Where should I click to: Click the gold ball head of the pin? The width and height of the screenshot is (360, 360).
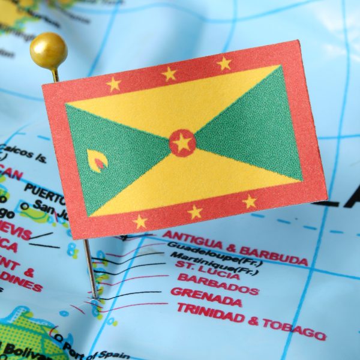pos(48,50)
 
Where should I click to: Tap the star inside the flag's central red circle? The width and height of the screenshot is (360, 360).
pos(182,143)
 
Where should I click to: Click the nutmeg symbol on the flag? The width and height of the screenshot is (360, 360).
pos(97,160)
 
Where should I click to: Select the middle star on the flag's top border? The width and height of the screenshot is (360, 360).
pos(170,74)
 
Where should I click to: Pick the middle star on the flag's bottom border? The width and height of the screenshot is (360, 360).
pos(194,211)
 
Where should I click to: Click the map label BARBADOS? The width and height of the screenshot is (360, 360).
pos(218,284)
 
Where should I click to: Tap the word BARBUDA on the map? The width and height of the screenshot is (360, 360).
pos(274,254)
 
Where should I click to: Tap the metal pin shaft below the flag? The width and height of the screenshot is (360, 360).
pos(90,267)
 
